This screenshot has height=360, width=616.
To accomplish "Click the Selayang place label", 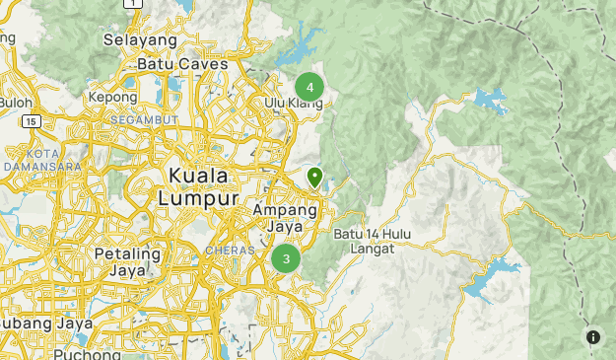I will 140,40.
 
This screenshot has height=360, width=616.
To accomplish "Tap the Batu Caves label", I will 182,64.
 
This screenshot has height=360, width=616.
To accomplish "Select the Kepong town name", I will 112,99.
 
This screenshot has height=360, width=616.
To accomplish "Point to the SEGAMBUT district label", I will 144,118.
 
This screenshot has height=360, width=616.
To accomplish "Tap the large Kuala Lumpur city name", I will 198,186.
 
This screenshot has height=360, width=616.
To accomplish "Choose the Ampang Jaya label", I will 285,218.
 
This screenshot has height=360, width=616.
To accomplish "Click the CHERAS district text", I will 230,251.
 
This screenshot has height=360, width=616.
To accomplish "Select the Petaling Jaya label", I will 127,261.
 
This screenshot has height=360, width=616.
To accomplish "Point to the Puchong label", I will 87,353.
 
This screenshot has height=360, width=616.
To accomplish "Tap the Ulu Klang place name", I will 293,103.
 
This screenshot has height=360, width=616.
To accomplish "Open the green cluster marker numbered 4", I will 309,87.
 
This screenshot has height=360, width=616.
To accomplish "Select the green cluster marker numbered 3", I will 286,258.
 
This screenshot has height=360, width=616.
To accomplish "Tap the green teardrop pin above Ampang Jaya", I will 315,177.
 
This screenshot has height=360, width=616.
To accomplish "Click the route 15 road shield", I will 31,120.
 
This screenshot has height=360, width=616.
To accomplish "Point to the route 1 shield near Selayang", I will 134,4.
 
